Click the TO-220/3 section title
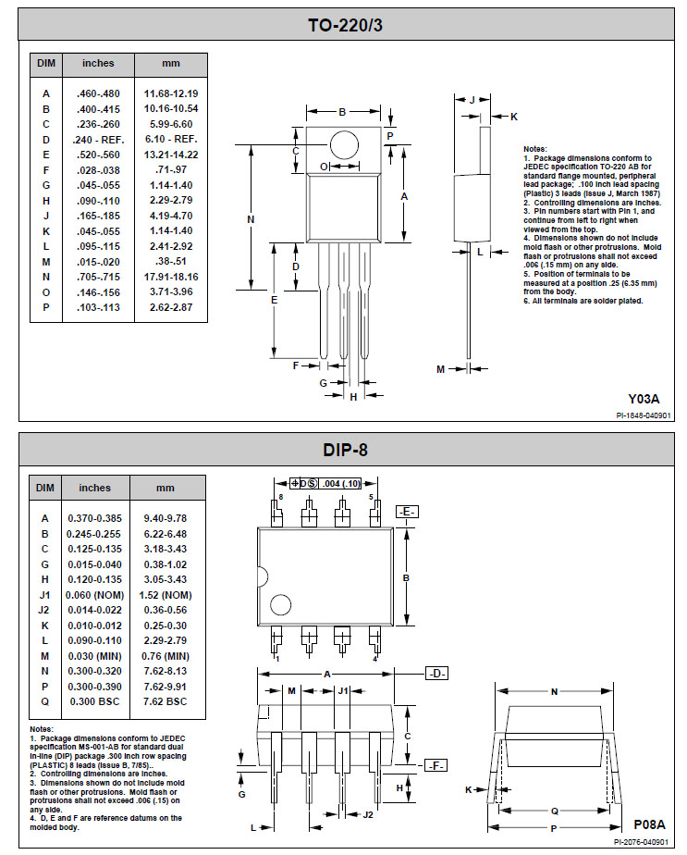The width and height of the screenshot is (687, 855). click(x=346, y=25)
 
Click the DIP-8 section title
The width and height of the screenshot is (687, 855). click(x=346, y=450)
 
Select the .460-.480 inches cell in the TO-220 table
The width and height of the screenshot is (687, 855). click(x=98, y=93)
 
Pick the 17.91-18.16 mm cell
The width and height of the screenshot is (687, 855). click(x=171, y=277)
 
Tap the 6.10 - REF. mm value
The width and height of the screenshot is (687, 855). click(x=171, y=140)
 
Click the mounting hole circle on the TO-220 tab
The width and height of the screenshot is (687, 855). click(x=344, y=145)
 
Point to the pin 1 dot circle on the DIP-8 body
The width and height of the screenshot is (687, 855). click(x=280, y=605)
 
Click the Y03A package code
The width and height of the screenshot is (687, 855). click(x=644, y=399)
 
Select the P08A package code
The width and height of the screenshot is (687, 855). click(x=649, y=824)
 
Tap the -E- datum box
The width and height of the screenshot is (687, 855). click(x=407, y=512)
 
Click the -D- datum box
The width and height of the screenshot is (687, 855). click(x=436, y=674)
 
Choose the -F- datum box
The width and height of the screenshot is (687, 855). click(x=436, y=765)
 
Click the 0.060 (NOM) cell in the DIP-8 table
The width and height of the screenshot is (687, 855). click(x=95, y=596)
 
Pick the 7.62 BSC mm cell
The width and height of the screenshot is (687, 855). click(x=166, y=701)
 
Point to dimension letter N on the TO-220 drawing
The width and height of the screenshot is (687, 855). click(x=251, y=219)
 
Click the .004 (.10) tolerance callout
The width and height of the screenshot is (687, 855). click(x=341, y=484)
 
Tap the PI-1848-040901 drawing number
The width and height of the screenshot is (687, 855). click(x=644, y=415)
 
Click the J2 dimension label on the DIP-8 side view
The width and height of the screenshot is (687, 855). click(x=368, y=814)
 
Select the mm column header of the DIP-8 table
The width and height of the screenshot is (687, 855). click(x=166, y=488)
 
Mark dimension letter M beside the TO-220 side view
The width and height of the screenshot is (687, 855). click(x=441, y=370)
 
